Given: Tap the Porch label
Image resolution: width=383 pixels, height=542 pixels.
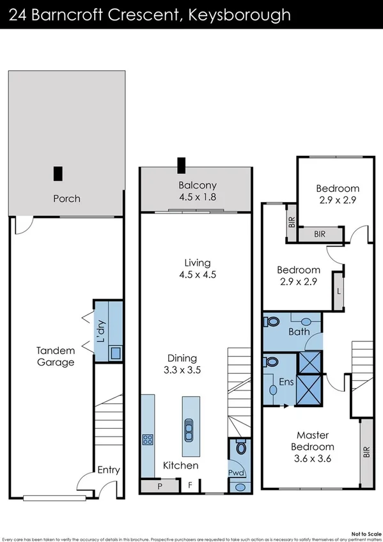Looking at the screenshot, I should tap(66, 198).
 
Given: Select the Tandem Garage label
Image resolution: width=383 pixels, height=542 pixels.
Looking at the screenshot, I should tap(55, 356).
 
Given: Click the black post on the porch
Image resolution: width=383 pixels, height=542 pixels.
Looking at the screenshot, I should tap(58, 173).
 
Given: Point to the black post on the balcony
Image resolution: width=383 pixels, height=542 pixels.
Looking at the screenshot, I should tap(182, 166).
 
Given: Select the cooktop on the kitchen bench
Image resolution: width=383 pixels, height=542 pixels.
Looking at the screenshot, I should tap(147, 439).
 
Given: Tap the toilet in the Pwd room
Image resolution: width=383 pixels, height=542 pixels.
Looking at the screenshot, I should tap(240, 448).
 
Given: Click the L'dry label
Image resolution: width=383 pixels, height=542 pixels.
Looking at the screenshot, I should tap(100, 335).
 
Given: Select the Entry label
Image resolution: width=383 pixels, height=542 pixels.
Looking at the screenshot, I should tap(108, 470).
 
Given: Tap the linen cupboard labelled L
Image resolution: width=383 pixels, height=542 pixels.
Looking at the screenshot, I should tap(338, 291).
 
